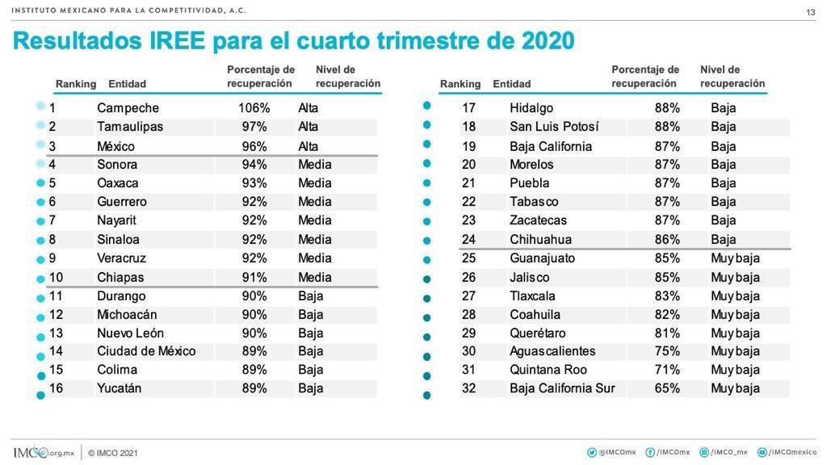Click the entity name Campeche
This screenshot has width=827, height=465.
tap(128, 108)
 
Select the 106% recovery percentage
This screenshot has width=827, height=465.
tap(254, 108)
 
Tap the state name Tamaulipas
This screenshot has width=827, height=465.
tap(130, 127)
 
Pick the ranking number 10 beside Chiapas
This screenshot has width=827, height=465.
tap(56, 277)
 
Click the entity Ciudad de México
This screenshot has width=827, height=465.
tap(146, 351)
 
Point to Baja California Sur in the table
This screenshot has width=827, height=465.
tap(562, 388)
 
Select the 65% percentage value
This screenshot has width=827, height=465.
tap(667, 388)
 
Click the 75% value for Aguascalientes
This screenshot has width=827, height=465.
tap(667, 351)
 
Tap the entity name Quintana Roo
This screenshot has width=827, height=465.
tap(548, 370)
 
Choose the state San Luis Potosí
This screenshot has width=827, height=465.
tap(555, 127)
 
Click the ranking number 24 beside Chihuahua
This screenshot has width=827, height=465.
tap(468, 239)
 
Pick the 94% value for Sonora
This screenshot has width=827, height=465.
tap(254, 165)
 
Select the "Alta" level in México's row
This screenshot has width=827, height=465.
tap(308, 146)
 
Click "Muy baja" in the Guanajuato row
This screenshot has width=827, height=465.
tap(735, 258)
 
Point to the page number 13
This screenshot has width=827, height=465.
tap(811, 12)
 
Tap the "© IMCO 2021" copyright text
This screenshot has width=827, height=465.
tap(113, 453)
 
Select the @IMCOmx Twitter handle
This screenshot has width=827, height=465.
tap(617, 452)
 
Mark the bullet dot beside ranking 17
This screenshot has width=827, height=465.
tap(427, 106)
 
